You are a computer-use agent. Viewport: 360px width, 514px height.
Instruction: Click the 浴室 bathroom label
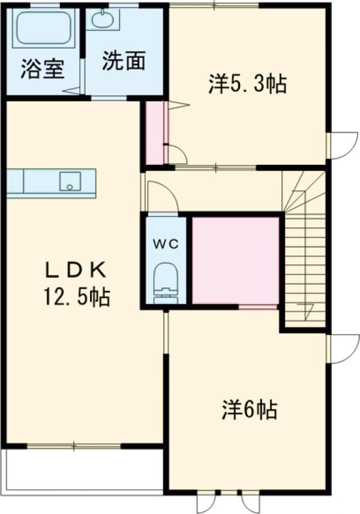42,67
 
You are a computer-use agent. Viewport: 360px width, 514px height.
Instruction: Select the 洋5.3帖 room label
247,85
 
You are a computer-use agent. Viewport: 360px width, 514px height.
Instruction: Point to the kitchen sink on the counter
70,180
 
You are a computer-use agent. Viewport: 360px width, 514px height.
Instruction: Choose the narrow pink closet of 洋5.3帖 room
155,133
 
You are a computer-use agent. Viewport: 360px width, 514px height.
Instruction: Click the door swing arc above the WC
163,197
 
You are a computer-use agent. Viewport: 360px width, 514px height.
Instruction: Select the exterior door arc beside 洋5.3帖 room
343,145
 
